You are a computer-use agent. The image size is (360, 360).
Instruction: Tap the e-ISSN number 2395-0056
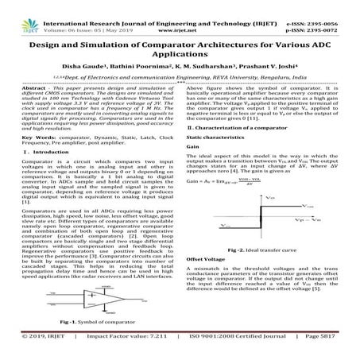331,5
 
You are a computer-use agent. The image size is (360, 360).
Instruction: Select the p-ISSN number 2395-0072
331,14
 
